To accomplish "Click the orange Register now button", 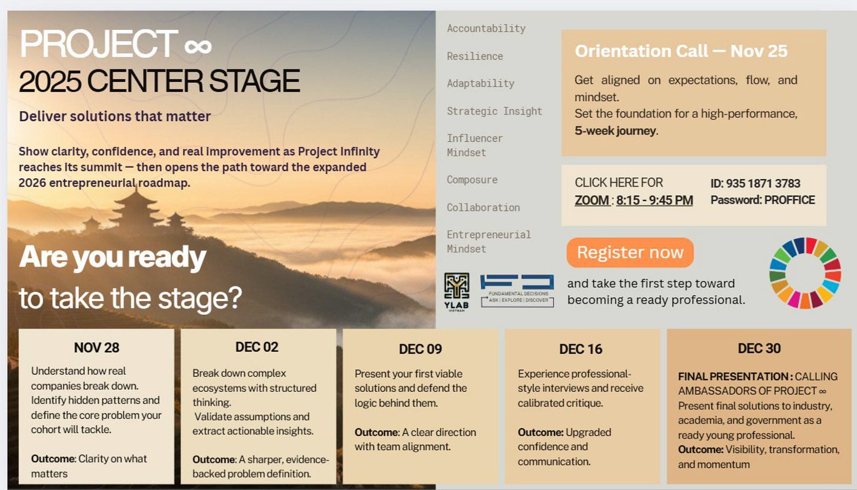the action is [630, 252].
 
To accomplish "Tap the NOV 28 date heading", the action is [97, 348].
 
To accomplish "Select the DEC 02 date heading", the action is [257, 347].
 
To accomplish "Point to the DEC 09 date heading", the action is [420, 349].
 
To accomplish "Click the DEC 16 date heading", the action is [581, 349].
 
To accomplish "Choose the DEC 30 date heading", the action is [759, 348].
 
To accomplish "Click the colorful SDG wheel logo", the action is [805, 272].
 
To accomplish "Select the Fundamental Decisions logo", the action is [517, 290].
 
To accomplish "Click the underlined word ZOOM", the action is [592, 200].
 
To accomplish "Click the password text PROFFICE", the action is [789, 200].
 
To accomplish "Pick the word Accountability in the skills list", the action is [486, 28].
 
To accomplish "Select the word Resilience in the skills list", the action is [475, 56].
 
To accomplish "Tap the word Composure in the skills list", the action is [472, 179].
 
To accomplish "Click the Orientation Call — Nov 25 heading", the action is [681, 51].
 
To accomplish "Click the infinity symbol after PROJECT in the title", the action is [197, 45].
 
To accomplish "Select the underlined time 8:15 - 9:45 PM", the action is [655, 200].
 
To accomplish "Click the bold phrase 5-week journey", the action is [614, 131].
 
